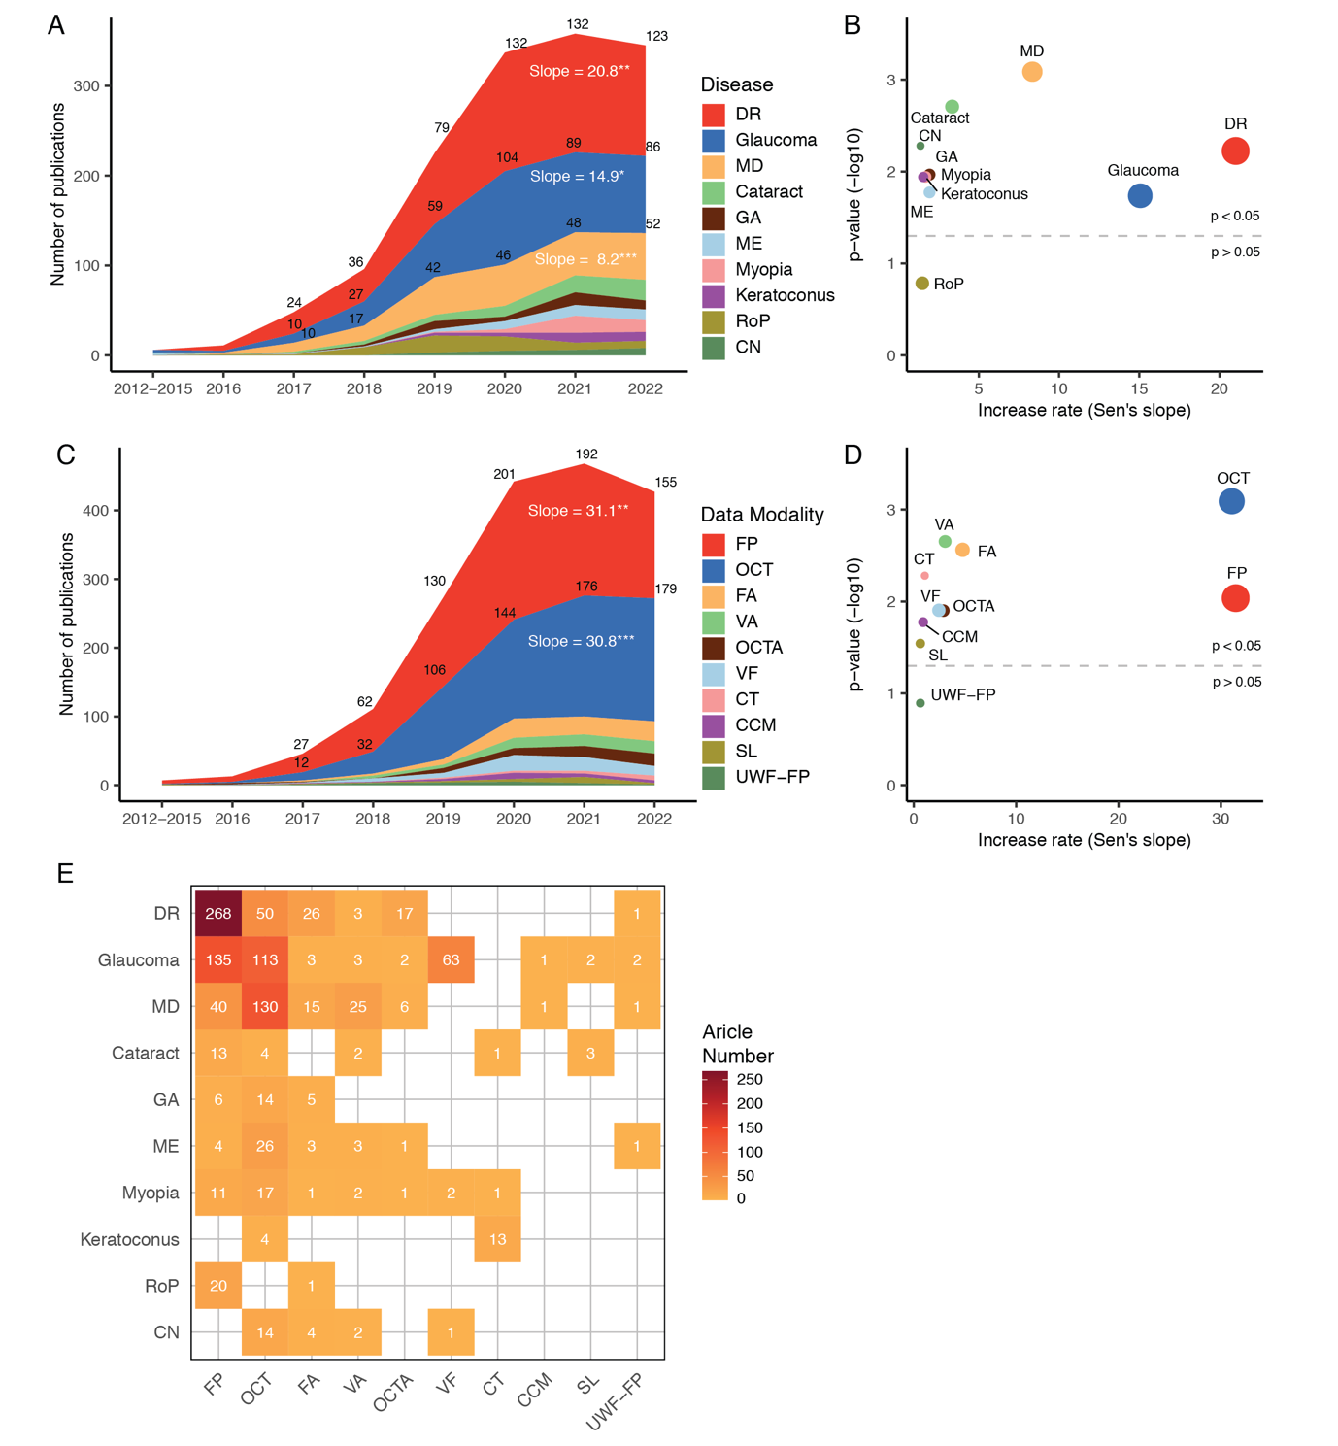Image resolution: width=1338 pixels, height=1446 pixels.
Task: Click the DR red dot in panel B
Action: [x=1234, y=151]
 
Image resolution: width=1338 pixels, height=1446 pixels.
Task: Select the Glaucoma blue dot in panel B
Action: [x=1140, y=195]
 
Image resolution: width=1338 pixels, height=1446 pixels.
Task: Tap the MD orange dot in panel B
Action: [x=1032, y=71]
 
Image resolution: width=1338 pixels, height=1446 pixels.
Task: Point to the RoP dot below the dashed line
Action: [x=922, y=284]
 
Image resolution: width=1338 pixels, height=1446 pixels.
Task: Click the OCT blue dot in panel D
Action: [x=1231, y=501]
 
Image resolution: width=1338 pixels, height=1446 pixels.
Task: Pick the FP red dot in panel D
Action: [x=1235, y=598]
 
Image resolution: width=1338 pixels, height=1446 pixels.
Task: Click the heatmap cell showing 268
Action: [x=218, y=914]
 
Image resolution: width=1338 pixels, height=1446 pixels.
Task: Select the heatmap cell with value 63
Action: [x=451, y=960]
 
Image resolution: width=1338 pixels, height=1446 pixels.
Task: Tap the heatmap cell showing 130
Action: [x=265, y=1007]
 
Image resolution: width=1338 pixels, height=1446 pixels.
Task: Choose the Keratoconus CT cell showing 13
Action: [x=497, y=1239]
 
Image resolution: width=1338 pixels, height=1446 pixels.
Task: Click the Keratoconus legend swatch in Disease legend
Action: [x=714, y=295]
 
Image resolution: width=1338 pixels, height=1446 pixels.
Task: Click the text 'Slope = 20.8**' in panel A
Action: [x=580, y=71]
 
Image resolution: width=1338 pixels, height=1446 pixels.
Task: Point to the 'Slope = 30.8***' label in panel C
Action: [x=581, y=641]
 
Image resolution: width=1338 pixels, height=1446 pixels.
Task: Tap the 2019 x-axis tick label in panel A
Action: [x=434, y=388]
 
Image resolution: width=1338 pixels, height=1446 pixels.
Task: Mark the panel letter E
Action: [x=65, y=874]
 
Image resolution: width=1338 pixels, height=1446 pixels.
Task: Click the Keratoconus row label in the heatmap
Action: [x=129, y=1240]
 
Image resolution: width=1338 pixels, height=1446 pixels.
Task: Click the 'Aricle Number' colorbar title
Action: [x=738, y=1044]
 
